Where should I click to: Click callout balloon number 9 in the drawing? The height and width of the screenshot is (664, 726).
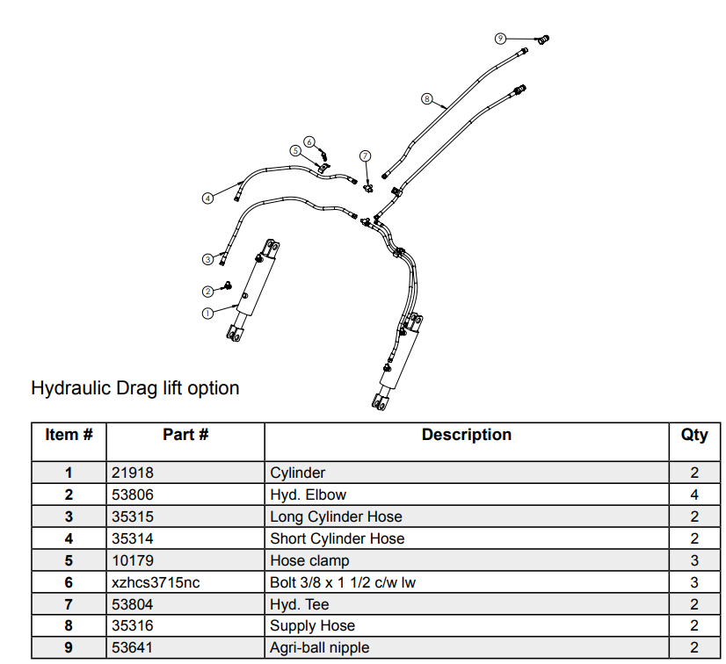tap(500, 39)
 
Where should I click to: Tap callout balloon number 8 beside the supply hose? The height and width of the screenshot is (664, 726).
tap(427, 98)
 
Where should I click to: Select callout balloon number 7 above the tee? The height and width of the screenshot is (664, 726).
tap(366, 156)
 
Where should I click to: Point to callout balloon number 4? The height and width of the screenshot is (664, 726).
tap(208, 198)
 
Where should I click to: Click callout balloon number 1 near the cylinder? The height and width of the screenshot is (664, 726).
tap(207, 314)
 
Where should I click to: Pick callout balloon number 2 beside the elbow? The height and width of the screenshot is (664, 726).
tap(208, 292)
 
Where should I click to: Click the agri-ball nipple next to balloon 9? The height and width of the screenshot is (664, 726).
tap(543, 40)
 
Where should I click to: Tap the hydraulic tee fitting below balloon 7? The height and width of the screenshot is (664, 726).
tap(368, 188)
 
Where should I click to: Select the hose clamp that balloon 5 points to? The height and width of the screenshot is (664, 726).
tap(323, 168)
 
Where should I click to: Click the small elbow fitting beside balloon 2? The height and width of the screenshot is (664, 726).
tap(228, 285)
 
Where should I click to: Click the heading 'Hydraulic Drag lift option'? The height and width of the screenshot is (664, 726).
tap(135, 387)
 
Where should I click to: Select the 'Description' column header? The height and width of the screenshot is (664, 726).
tap(466, 435)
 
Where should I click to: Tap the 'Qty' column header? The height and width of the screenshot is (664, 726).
tap(694, 435)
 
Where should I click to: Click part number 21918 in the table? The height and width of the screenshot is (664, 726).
tap(133, 473)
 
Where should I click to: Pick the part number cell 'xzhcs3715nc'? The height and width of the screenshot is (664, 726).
tap(156, 582)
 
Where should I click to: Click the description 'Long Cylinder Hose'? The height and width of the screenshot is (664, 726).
tap(336, 516)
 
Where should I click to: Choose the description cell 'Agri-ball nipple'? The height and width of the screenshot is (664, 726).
tap(319, 647)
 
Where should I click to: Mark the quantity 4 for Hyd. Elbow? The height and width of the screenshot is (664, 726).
tap(694, 494)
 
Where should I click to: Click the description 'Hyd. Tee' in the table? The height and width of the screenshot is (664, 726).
tap(300, 604)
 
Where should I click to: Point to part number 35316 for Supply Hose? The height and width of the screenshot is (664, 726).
tap(133, 625)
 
